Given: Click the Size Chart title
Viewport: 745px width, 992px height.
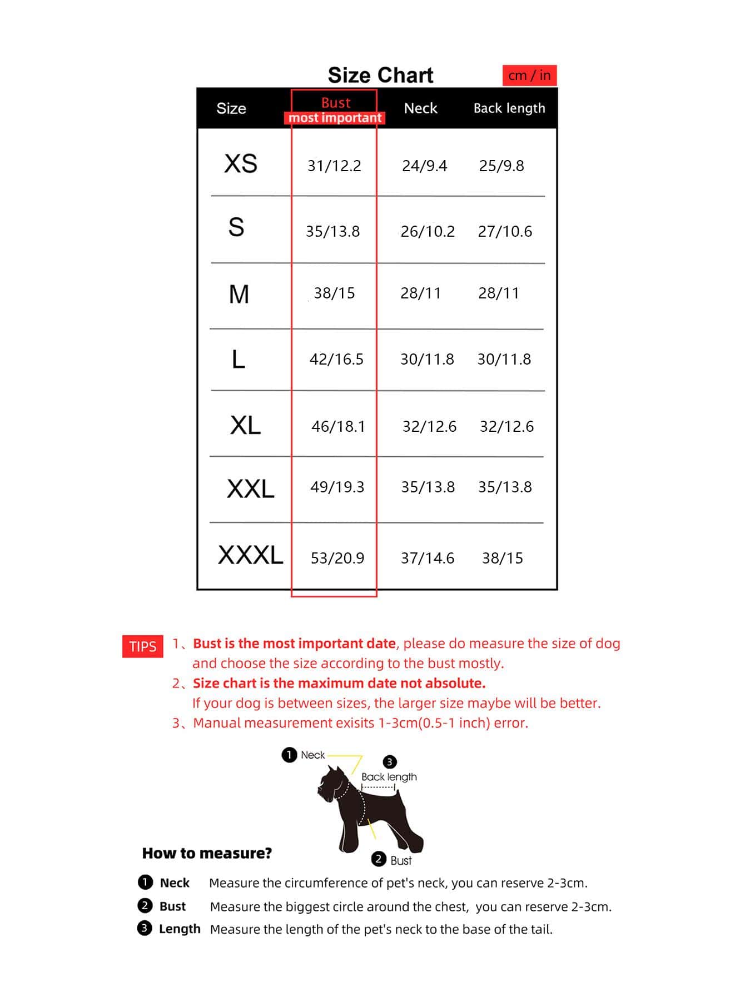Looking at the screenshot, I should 380,75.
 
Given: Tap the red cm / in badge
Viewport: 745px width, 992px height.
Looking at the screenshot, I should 529,76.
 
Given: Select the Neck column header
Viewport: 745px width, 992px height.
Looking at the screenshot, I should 420,108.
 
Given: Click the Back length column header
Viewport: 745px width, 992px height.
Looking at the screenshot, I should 509,108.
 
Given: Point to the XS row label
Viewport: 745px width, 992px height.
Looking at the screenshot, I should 240,164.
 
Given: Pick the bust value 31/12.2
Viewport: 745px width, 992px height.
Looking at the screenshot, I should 334,166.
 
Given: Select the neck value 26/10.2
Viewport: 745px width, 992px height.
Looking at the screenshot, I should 428,231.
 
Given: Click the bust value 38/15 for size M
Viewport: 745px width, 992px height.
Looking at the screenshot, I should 334,293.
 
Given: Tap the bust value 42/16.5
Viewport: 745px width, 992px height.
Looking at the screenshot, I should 336,359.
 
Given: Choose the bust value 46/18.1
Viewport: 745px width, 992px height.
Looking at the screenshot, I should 338,426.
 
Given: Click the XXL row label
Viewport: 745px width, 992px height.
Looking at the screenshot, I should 250,489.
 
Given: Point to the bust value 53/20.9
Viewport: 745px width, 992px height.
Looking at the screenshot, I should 337,558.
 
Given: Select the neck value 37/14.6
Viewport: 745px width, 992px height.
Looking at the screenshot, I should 428,558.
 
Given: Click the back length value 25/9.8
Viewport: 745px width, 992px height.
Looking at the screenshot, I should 501,166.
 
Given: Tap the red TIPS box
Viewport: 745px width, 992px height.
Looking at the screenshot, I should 143,646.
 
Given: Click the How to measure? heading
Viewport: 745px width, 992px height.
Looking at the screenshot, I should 207,853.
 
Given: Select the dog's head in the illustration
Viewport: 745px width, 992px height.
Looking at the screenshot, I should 332,783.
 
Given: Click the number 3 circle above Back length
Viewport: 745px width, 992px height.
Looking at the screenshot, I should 390,761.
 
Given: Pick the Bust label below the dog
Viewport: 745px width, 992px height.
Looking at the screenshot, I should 400,860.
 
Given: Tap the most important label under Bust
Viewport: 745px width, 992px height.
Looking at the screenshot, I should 335,118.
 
